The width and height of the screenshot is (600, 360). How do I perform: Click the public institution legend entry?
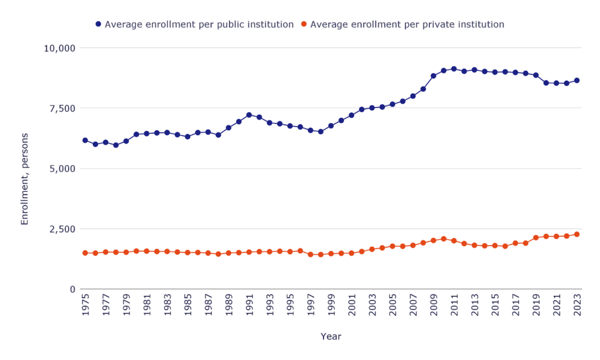195,25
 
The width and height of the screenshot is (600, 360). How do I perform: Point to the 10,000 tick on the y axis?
60,47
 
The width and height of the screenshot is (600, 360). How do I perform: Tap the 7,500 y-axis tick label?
63,108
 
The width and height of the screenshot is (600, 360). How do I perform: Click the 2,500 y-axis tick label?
63,229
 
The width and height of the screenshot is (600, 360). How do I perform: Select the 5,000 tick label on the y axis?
63,168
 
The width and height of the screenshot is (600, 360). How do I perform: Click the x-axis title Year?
330,337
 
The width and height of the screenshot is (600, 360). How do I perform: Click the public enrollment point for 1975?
85,140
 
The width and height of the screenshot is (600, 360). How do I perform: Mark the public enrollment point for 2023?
577,80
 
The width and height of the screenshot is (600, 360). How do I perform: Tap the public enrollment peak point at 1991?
249,115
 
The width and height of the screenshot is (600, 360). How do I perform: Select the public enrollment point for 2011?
454,69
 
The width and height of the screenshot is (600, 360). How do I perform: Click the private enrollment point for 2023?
577,234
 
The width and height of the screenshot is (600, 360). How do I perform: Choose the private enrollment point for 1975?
85,253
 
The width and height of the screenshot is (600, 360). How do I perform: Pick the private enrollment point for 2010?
444,239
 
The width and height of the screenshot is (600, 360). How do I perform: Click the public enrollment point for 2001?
352,115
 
